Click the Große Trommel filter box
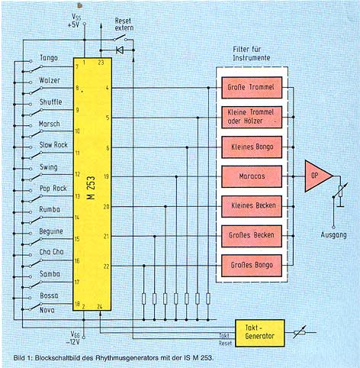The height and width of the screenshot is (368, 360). click(252, 88)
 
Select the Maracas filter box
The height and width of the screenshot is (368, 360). click(252, 176)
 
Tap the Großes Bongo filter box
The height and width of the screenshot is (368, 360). click(252, 266)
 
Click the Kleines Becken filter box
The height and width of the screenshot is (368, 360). click(252, 206)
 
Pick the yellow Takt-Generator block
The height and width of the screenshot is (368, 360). click(260, 333)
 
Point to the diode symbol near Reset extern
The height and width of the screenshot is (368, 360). click(120, 50)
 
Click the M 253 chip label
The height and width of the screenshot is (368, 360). click(92, 188)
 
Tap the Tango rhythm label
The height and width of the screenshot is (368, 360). click(49, 58)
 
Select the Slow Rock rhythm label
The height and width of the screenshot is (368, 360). click(53, 145)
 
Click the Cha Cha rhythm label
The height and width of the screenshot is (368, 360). click(51, 252)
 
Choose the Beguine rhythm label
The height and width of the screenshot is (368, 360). click(51, 231)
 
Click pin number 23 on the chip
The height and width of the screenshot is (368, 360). click(101, 63)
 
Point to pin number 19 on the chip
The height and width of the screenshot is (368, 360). click(107, 176)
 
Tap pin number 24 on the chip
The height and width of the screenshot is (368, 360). click(100, 306)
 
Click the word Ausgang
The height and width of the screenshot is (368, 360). click(333, 234)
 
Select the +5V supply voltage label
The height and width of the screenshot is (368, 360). click(73, 25)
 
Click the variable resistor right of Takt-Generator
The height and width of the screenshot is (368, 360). click(300, 332)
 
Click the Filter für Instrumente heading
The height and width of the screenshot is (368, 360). click(252, 53)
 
